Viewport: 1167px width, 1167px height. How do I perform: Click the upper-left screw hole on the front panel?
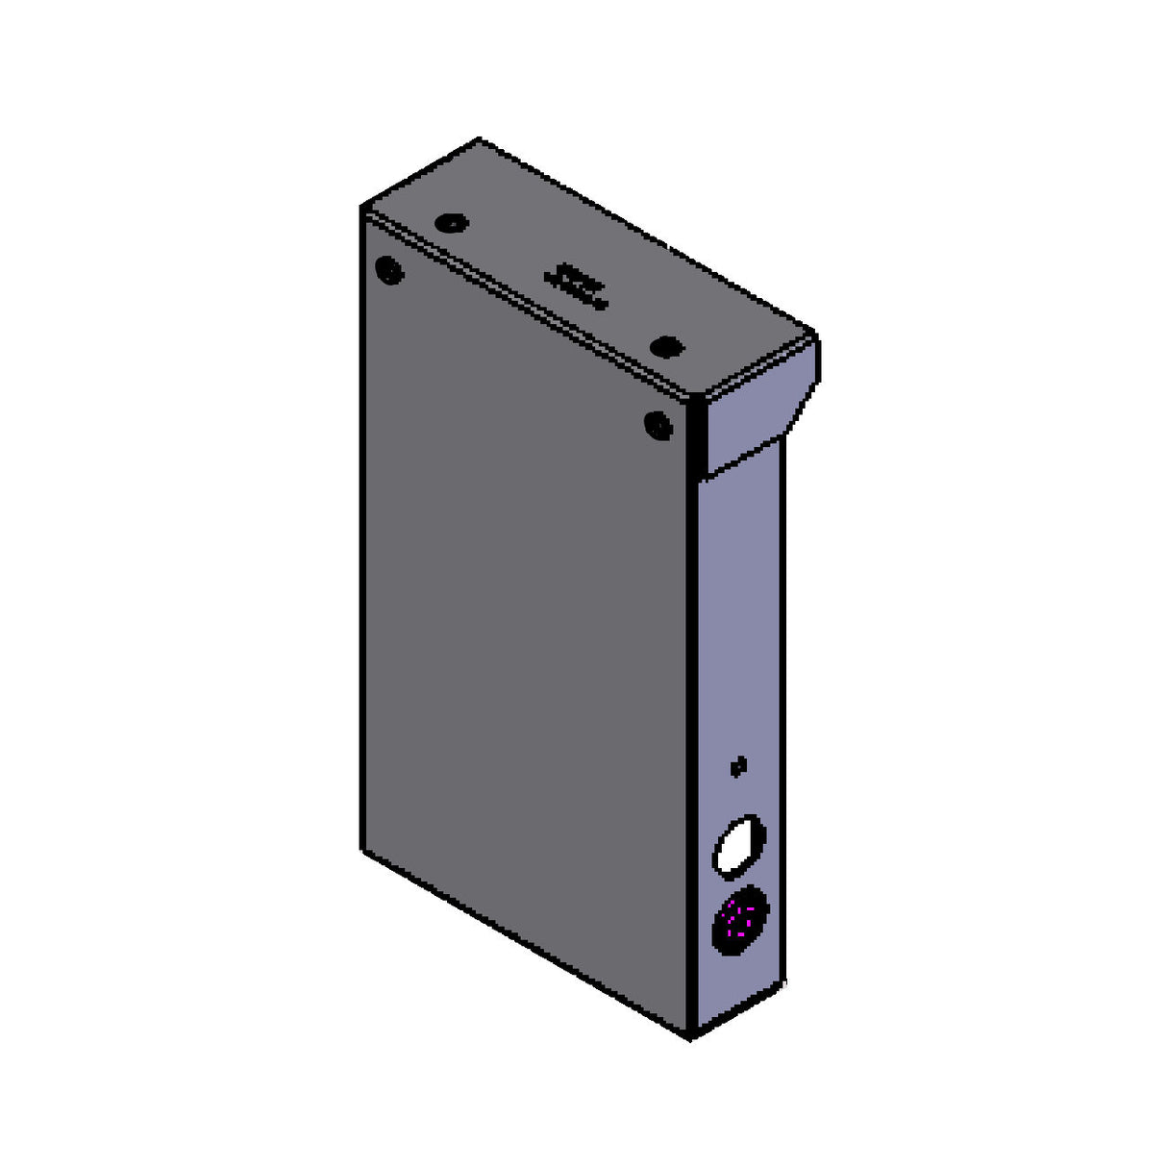389,270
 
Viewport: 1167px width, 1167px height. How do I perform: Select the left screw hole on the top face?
449,224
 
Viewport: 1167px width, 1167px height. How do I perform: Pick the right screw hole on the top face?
664,347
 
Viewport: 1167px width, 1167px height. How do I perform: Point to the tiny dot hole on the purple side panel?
738,766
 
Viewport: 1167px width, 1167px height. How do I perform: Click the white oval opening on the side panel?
738,847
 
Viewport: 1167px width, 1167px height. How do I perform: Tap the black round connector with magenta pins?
740,920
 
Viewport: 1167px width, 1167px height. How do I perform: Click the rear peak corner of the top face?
479,140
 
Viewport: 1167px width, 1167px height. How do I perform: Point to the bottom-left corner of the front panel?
362,850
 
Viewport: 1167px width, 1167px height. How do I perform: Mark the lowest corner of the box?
691,1038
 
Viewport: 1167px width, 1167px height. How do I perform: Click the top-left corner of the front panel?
362,207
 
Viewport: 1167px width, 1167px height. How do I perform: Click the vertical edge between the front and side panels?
692,721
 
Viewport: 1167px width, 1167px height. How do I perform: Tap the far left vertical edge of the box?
361,529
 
